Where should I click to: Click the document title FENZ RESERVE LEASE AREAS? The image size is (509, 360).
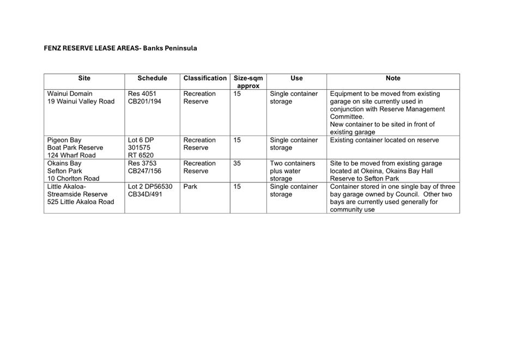coord(120,48)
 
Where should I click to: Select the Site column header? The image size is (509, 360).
coord(84,78)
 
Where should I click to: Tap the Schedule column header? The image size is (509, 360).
coord(152,78)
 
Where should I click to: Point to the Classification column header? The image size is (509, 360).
coord(205,78)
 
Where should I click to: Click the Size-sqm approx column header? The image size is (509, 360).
coord(248,82)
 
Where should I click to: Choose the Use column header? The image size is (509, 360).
coord(296,78)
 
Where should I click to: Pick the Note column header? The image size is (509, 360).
coord(392,78)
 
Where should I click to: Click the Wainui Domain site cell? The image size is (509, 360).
coord(81,97)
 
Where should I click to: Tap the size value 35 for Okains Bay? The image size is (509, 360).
coord(237,163)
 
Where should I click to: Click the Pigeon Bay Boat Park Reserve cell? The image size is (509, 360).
coord(75,148)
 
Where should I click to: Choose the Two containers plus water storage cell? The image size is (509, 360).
coord(293,171)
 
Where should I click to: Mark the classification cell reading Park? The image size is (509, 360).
coord(190,187)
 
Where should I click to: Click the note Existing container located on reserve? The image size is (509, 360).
coord(384,140)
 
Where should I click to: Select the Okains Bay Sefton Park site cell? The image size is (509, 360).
coord(73,171)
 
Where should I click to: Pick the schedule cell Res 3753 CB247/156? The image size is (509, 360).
coord(144,167)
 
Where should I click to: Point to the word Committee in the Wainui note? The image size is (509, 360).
coord(347,117)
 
